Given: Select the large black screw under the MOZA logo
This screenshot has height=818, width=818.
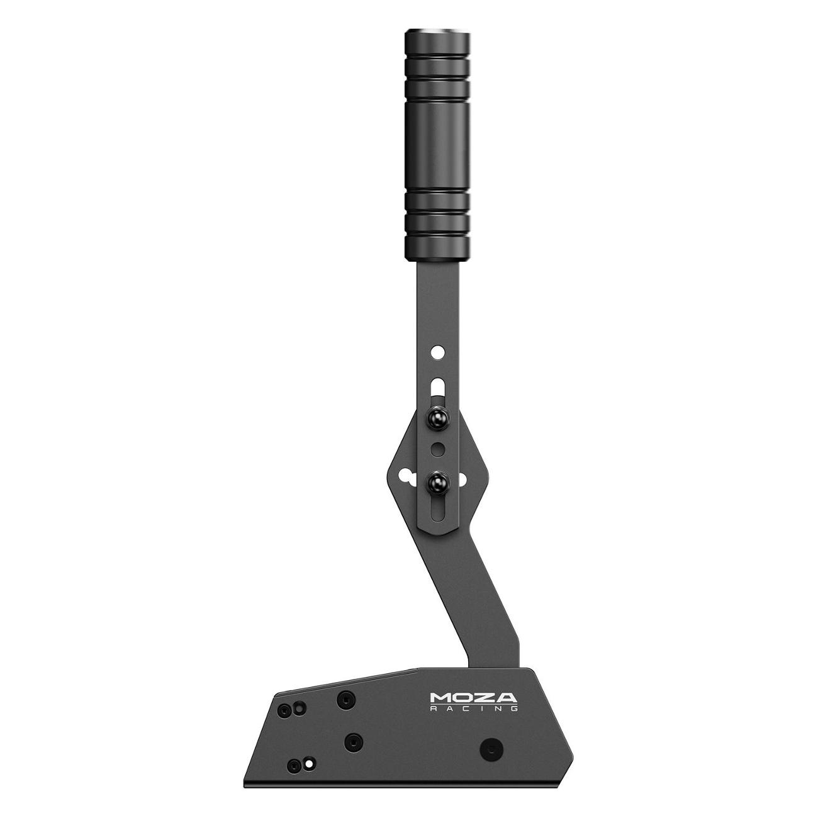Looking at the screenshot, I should point(491,749).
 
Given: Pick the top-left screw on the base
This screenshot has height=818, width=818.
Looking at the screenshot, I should point(287,710).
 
